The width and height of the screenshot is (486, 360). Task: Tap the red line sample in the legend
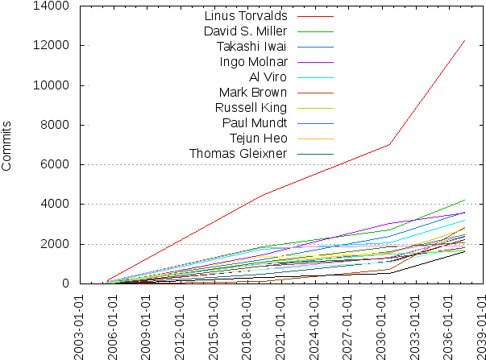[x=316, y=15]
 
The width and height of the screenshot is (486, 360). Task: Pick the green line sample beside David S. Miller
[x=316, y=31]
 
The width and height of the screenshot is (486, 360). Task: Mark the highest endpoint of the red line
[x=465, y=39]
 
